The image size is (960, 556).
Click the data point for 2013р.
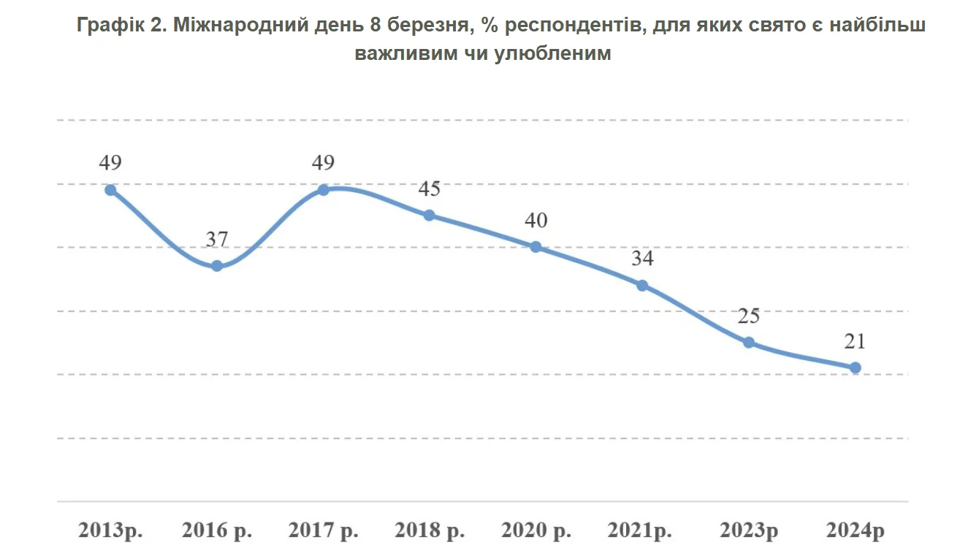point(110,190)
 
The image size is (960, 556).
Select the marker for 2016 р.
point(217,266)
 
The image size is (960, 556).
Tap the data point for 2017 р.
point(324,190)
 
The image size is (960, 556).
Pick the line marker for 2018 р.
point(430,215)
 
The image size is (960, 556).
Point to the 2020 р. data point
point(536,247)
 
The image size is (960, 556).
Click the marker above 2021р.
point(642,285)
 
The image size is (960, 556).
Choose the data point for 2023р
point(748,342)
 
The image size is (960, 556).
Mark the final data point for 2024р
point(856,368)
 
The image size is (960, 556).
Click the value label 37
point(217,239)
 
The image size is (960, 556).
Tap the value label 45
point(430,188)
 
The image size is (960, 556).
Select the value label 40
point(536,221)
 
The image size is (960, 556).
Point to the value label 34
point(642,259)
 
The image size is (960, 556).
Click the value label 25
point(748,316)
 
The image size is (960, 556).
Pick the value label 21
point(856,341)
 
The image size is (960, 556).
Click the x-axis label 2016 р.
point(217,530)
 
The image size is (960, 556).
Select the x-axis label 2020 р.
point(536,530)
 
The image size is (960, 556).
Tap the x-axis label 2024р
point(856,530)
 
